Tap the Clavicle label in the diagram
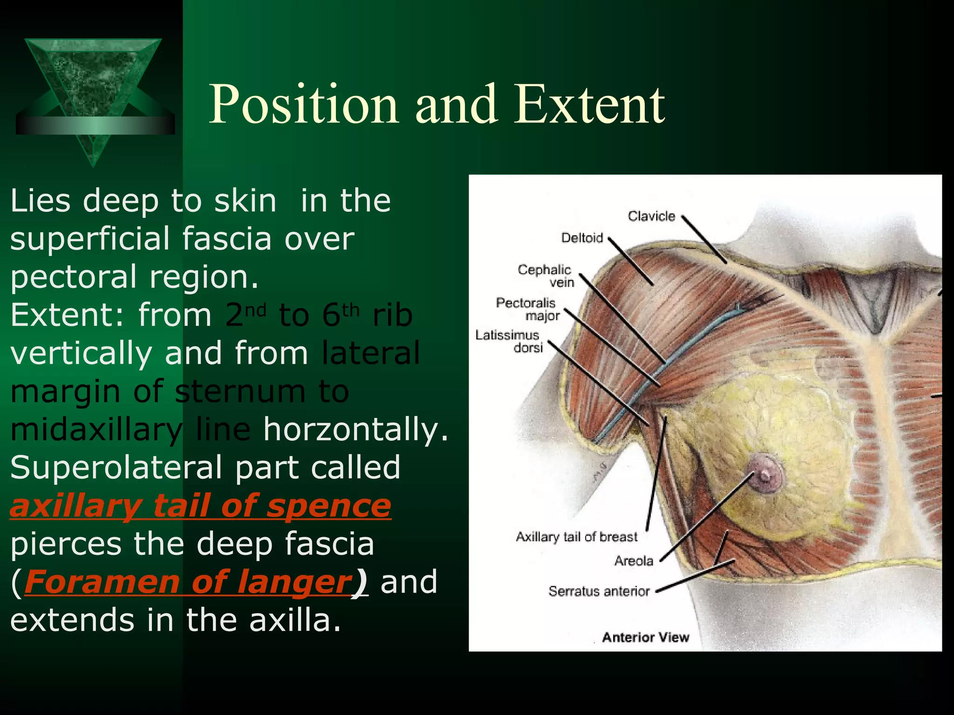(x=651, y=216)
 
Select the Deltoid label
(x=582, y=238)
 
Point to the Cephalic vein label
(x=546, y=276)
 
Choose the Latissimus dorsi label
(x=508, y=341)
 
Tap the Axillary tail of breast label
(x=576, y=537)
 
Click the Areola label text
(x=634, y=561)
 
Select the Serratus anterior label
(x=599, y=591)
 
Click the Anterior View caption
(x=645, y=637)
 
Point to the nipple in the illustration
(x=765, y=475)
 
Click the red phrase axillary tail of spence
(x=200, y=506)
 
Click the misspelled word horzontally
(x=355, y=429)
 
